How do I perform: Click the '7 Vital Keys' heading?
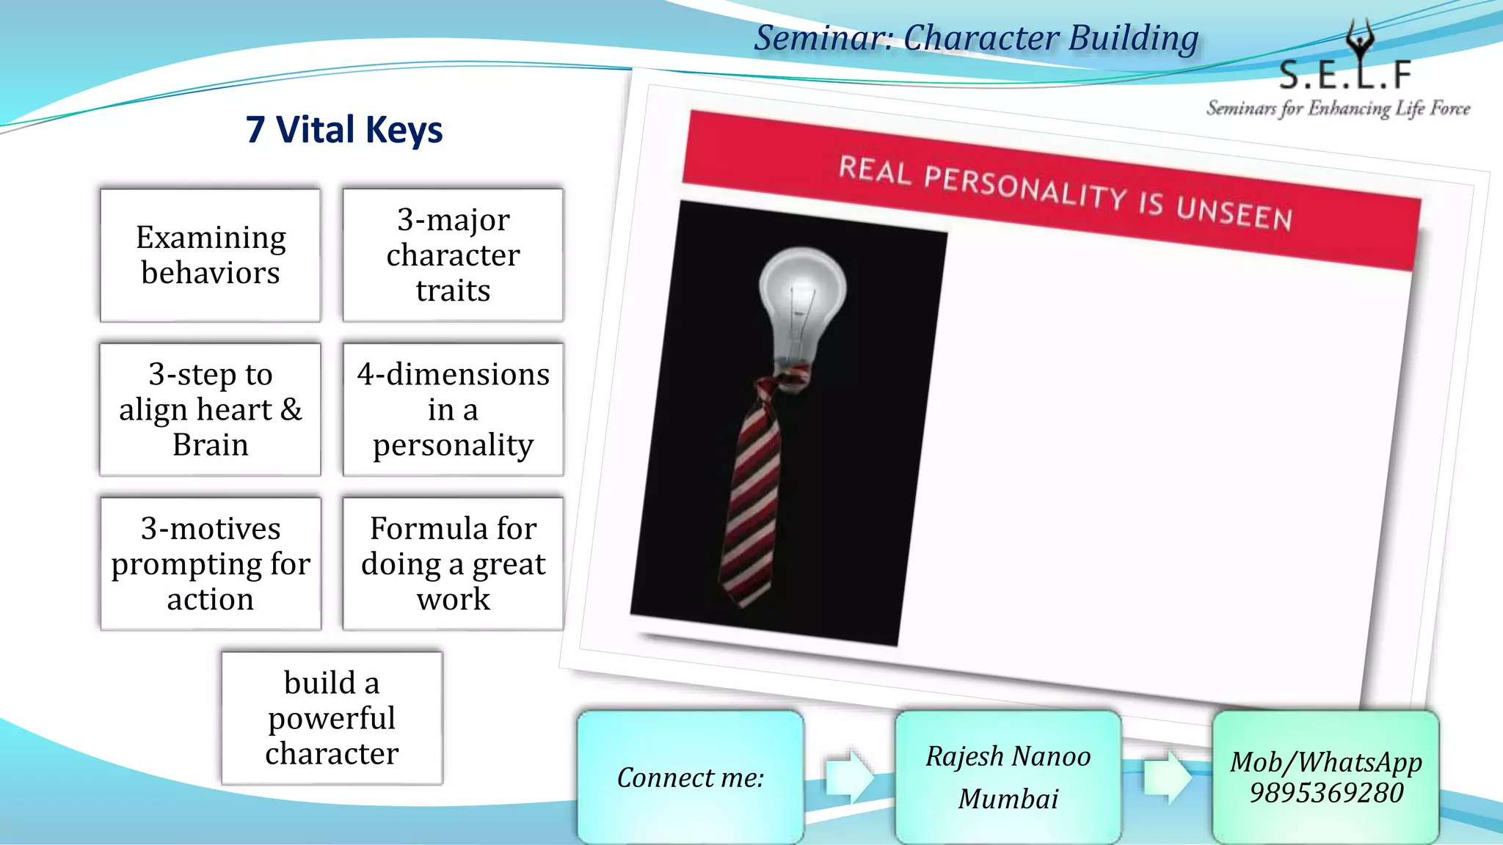pyautogui.click(x=344, y=130)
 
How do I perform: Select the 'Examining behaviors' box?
pyautogui.click(x=211, y=255)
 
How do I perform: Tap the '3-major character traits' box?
pyautogui.click(x=453, y=255)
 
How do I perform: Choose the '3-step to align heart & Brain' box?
pyautogui.click(x=211, y=409)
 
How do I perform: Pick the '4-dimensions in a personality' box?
pyautogui.click(x=453, y=409)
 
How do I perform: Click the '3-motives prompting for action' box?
pyautogui.click(x=211, y=563)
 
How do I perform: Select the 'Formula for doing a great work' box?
pyautogui.click(x=453, y=563)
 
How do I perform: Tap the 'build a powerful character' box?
pyautogui.click(x=332, y=718)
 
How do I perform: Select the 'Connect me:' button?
pyautogui.click(x=690, y=778)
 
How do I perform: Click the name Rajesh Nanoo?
pyautogui.click(x=1008, y=756)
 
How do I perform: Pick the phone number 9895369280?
pyautogui.click(x=1326, y=793)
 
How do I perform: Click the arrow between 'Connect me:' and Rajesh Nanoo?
pyautogui.click(x=849, y=776)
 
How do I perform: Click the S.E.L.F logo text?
pyautogui.click(x=1344, y=74)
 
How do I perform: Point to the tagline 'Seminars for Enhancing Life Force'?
pyautogui.click(x=1338, y=109)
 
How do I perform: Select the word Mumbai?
pyautogui.click(x=1008, y=799)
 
